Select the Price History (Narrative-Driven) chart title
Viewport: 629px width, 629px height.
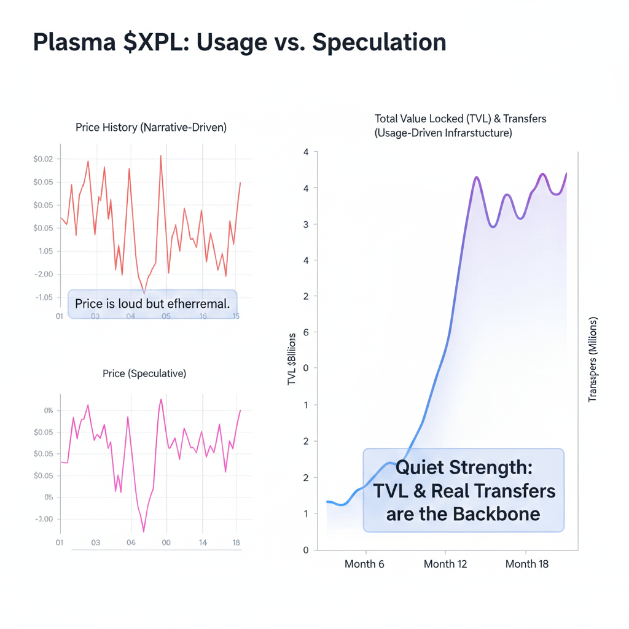(151, 128)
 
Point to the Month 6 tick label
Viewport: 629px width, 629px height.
(364, 564)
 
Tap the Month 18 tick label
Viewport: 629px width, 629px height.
(527, 564)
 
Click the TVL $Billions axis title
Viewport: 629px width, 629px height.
(292, 359)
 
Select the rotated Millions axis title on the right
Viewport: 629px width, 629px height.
(593, 361)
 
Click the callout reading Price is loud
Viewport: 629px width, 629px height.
(152, 303)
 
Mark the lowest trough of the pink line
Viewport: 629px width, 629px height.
(144, 531)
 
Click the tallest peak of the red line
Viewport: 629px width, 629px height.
(161, 156)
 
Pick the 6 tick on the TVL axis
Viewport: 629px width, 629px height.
(306, 332)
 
